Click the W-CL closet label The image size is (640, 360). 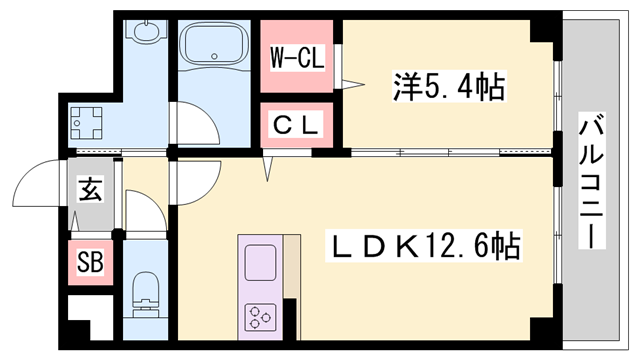297,59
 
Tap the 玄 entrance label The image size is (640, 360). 91,190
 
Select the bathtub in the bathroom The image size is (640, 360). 214,50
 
